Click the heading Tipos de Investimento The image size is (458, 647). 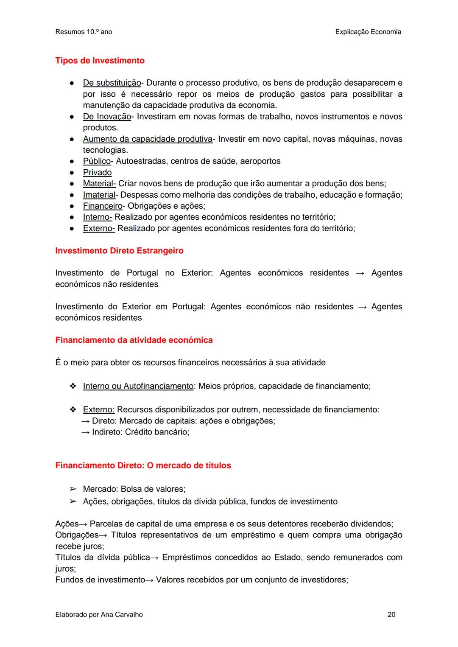coord(100,61)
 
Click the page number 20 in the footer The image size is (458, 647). coord(391,614)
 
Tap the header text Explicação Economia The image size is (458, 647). coord(368,32)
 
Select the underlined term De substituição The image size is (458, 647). coord(112,83)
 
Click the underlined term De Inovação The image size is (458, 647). coord(107,116)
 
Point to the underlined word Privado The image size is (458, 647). coord(97,172)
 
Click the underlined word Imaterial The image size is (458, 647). coord(99,195)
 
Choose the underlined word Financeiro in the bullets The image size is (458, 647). coord(102,206)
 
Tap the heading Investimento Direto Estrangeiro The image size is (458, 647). coord(119,251)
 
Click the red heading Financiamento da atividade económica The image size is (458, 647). coord(134,340)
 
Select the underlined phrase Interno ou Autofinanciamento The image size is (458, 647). coord(138,386)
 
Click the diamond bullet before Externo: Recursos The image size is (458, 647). coord(73,409)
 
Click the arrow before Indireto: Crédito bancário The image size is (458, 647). coord(85,432)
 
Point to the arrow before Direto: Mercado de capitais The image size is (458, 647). coord(85,421)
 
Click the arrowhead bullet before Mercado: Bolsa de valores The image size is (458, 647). coord(73,489)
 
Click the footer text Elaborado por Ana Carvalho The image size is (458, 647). coord(99,614)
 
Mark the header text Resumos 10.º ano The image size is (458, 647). coord(84,32)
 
